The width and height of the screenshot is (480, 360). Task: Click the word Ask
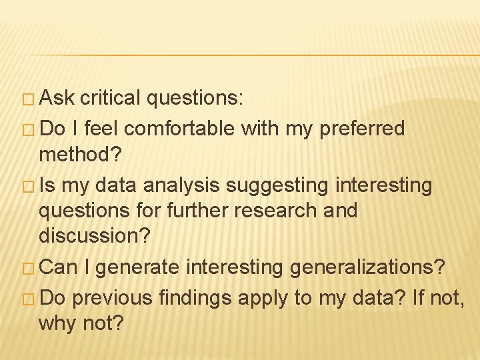point(57,99)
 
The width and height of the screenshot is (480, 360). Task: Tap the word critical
point(111,99)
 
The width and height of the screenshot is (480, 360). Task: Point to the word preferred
point(363,129)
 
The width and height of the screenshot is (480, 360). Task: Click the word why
point(55,324)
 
